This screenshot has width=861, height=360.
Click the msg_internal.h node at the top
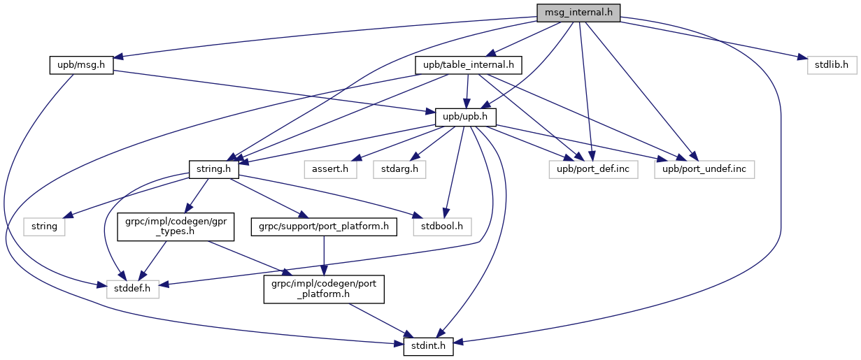pos(578,12)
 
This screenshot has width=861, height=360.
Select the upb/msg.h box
pos(82,65)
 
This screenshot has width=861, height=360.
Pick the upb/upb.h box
pos(466,117)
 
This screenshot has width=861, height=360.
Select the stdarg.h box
pos(400,168)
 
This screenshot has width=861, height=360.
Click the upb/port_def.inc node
pos(593,168)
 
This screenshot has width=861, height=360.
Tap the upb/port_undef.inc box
pos(704,168)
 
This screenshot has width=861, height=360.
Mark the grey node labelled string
pos(45,226)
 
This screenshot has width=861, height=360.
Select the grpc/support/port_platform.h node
pos(323,226)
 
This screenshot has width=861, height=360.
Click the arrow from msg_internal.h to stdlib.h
pos(706,39)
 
